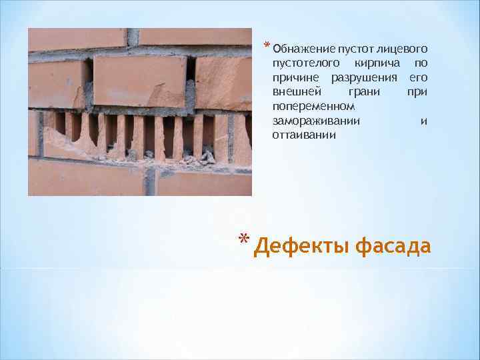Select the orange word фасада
393,247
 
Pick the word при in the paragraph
417,92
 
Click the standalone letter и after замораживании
424,121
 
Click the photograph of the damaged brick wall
140,112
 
